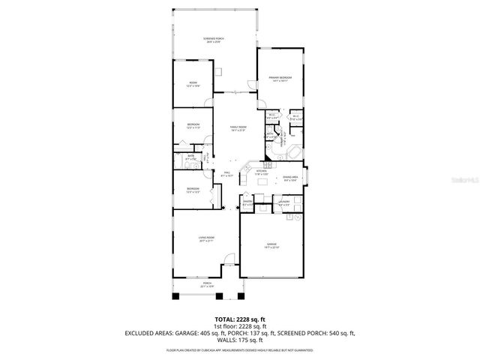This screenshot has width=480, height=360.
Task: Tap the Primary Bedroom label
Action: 280,79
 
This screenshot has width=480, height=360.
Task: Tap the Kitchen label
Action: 262,172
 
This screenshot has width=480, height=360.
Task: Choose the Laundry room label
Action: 284,202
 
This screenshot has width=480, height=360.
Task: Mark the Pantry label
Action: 247,202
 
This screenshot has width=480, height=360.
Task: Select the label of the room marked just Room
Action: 193,85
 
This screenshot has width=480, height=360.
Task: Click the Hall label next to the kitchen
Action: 226,174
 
